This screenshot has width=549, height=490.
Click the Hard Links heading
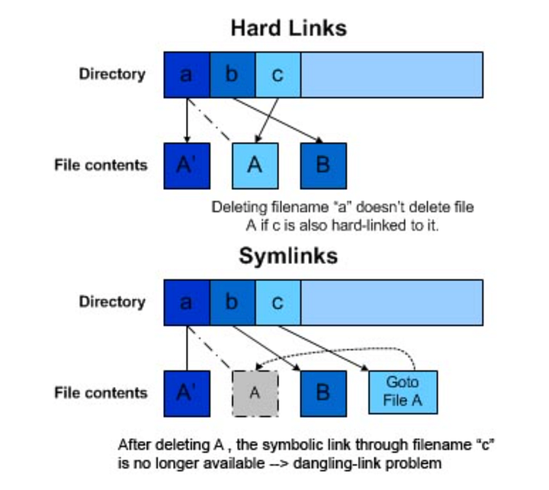tap(288, 28)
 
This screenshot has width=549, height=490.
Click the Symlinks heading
tap(288, 256)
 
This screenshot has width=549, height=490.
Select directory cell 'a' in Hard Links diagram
tap(187, 74)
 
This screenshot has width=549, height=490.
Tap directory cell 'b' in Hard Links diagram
tap(233, 74)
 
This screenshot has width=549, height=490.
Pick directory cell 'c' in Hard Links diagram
tap(278, 74)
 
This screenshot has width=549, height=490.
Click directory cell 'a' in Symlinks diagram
tap(187, 301)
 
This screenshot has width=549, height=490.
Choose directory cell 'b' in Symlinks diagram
tap(233, 301)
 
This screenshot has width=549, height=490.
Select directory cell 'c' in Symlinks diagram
tap(278, 301)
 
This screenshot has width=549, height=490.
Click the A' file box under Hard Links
tap(187, 165)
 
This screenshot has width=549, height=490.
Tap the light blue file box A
tap(255, 165)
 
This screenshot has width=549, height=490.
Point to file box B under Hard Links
tap(323, 165)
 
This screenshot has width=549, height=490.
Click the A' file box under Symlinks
tap(187, 393)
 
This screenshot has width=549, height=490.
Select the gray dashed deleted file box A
tap(255, 393)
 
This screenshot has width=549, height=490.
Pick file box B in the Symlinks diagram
tap(323, 393)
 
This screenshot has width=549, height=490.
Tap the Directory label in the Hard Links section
tap(112, 74)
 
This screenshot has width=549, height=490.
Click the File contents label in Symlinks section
tap(101, 393)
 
